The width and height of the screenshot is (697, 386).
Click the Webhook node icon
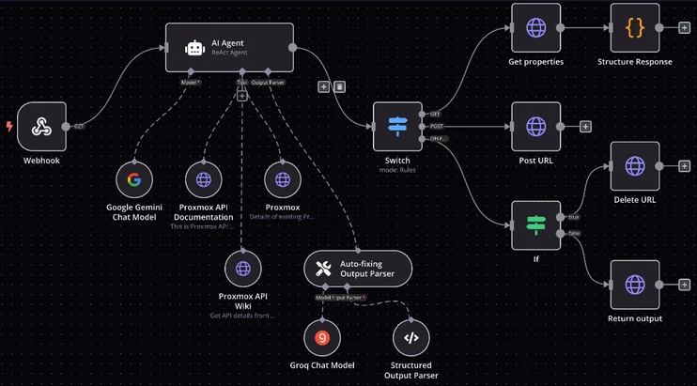[41, 127]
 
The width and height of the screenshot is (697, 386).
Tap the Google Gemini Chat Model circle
[134, 178]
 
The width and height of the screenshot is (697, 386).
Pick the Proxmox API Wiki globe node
[243, 269]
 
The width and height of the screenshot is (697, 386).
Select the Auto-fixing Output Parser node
[358, 269]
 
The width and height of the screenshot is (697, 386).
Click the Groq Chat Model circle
[322, 337]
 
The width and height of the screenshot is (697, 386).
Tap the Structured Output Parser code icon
[410, 337]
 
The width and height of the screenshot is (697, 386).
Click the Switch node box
[397, 126]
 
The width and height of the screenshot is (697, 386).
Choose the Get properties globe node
[535, 27]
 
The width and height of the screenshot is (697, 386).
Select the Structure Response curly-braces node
[635, 27]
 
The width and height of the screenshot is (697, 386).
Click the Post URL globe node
[535, 126]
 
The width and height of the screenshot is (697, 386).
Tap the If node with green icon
[535, 225]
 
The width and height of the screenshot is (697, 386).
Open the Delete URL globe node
[635, 166]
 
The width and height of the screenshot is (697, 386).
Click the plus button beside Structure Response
[684, 27]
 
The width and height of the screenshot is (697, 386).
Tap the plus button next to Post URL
[585, 127]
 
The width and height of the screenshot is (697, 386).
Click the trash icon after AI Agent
[339, 86]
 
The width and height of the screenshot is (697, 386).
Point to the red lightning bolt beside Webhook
[9, 127]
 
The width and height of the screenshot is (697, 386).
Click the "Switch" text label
[397, 161]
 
